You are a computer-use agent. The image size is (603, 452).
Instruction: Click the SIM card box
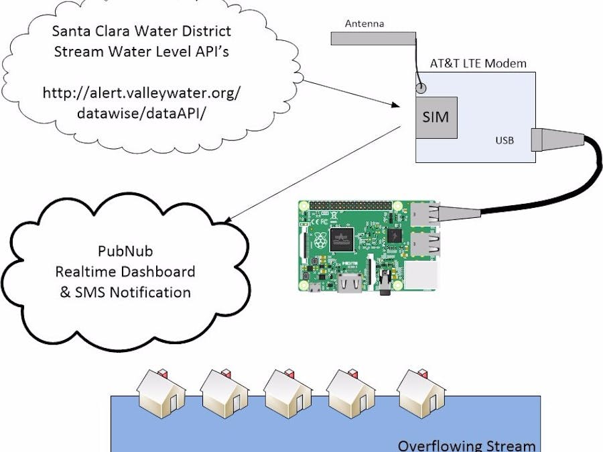(435, 117)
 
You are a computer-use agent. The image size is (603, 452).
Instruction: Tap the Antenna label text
(364, 24)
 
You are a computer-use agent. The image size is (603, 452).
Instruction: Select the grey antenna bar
(373, 39)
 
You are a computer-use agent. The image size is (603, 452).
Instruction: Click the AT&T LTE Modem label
(478, 64)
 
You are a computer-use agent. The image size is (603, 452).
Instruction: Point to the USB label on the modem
(505, 141)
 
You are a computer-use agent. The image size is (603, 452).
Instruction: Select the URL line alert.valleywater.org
(141, 93)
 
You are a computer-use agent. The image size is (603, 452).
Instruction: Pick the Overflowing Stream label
(466, 445)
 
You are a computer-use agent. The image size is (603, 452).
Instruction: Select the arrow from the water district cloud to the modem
(348, 93)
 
